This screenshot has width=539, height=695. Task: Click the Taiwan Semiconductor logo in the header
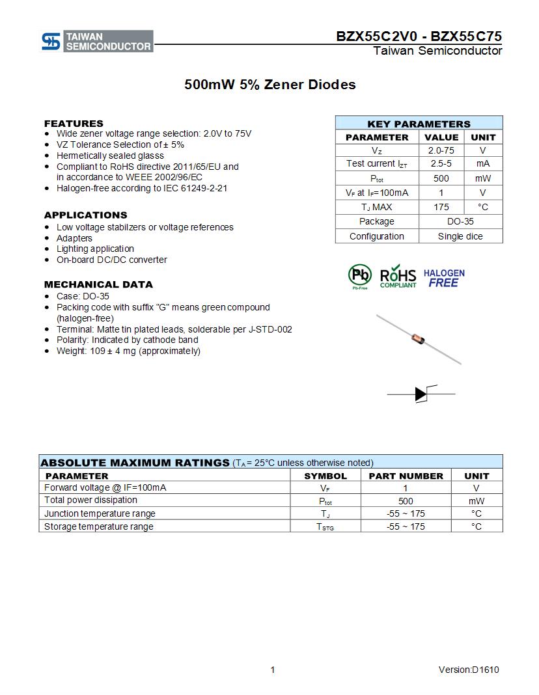[x=97, y=41]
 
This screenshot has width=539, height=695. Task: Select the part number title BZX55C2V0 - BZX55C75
[x=419, y=36]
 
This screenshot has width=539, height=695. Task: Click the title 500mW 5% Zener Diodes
[x=269, y=85]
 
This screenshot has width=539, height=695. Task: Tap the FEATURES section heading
[x=74, y=124]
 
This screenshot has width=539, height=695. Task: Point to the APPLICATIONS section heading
[x=85, y=215]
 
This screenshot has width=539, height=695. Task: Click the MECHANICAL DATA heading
[x=98, y=284]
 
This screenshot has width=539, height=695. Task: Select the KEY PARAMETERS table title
[x=419, y=124]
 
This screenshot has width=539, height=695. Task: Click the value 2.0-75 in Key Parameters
[x=441, y=150]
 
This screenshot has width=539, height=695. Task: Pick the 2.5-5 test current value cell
[x=441, y=164]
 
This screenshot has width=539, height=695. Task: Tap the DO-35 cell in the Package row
[x=460, y=222]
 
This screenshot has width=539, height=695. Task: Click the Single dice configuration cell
[x=460, y=236]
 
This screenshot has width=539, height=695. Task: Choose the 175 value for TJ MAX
[x=441, y=207]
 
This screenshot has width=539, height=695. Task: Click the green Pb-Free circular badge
[x=359, y=276]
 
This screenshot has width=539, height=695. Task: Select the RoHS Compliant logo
[x=398, y=277]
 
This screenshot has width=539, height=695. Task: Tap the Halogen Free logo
[x=444, y=278]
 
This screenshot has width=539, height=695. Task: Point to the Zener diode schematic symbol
[x=421, y=394]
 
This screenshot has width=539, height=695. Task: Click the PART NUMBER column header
[x=406, y=476]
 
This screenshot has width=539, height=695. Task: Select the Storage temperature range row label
[x=99, y=526]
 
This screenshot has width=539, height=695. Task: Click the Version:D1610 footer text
[x=469, y=670]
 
